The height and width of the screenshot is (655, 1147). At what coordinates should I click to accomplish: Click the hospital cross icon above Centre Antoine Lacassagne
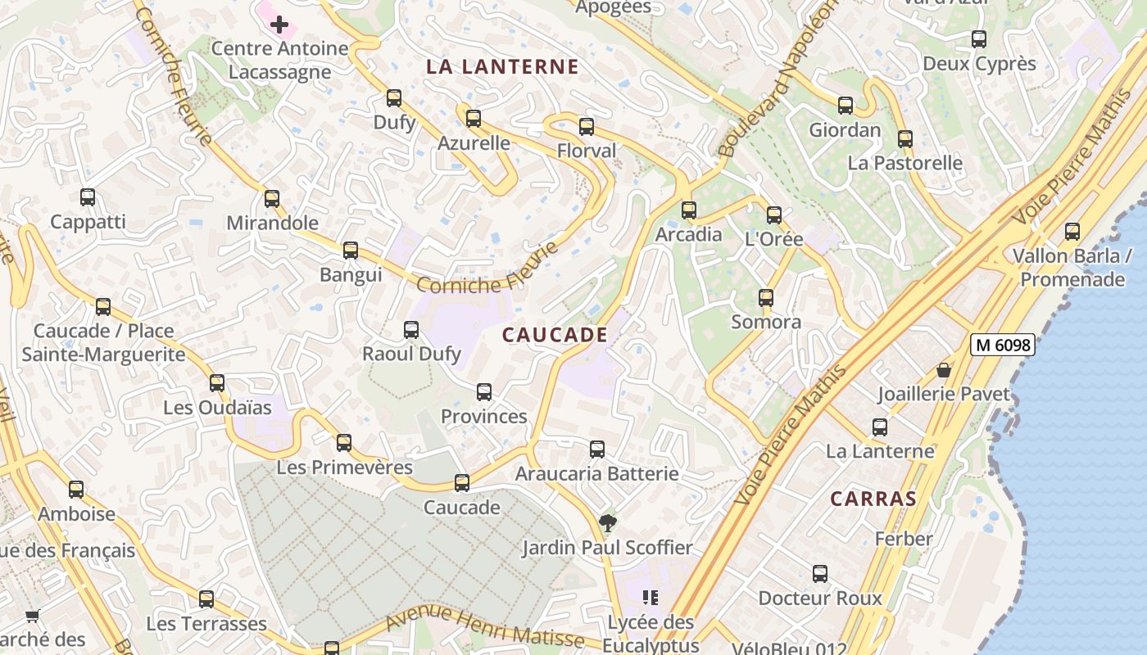point(279,25)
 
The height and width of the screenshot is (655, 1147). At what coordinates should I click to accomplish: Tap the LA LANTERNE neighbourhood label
point(502,67)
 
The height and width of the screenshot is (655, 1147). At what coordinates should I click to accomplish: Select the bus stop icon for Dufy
point(394,98)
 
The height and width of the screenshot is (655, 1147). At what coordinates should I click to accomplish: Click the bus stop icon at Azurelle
point(474,119)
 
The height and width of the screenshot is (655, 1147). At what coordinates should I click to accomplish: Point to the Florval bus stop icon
point(587,127)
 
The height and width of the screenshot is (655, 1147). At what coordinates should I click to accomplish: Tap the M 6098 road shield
point(1003,346)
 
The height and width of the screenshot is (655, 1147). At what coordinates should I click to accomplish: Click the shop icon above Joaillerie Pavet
point(944,370)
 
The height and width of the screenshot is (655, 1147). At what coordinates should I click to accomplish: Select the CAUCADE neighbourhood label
point(555,335)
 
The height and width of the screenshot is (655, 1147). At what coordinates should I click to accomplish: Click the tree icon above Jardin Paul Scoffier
point(607,522)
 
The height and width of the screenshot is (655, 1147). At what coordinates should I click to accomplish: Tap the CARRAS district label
point(873,499)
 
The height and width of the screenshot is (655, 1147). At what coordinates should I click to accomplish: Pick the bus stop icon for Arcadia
point(689,210)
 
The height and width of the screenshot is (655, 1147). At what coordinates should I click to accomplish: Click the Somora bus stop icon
point(766,298)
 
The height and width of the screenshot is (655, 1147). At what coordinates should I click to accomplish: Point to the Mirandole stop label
point(272,223)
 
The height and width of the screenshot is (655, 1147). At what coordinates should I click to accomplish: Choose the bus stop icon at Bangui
point(351,251)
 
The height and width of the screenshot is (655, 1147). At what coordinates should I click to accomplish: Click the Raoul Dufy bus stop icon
point(411,330)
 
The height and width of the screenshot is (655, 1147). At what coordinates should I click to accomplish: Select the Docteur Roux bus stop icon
point(820,574)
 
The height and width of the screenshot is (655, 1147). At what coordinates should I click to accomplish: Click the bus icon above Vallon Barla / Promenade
point(1072,232)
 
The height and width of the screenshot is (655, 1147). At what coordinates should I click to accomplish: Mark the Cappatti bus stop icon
point(88,197)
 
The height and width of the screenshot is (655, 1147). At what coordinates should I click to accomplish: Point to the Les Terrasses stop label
point(206,624)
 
